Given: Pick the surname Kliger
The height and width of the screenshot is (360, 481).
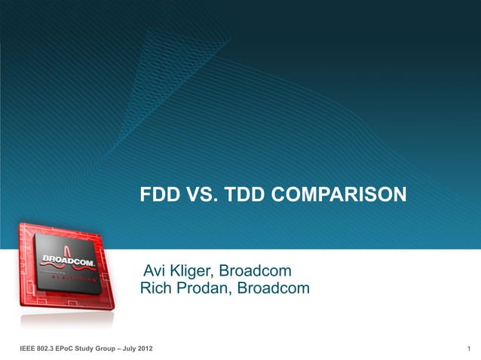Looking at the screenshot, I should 195,270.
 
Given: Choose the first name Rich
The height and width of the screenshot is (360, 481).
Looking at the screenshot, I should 156,288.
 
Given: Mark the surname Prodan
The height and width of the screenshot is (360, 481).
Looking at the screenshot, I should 204,288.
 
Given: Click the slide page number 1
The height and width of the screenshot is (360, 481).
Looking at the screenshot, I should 469,347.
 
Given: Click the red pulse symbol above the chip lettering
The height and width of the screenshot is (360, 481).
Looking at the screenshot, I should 67,249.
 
